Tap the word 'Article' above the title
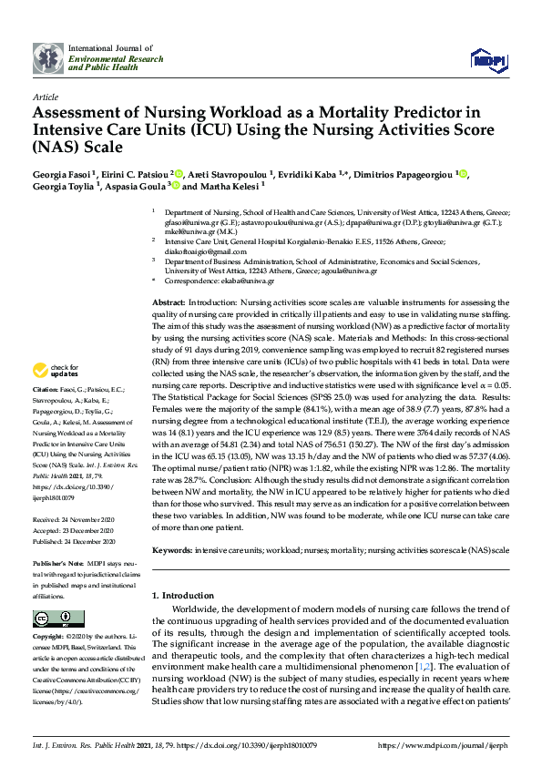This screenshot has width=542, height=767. (x=46, y=96)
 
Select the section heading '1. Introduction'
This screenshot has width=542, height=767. (x=182, y=595)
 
